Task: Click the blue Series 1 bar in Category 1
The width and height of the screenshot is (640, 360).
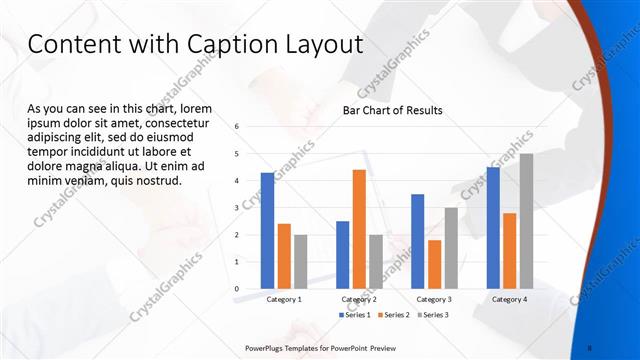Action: click(x=267, y=230)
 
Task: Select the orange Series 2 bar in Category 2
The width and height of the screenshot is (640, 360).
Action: click(x=359, y=229)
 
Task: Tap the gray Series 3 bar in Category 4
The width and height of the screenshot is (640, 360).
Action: click(x=526, y=221)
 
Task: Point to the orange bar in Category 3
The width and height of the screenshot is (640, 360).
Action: click(x=434, y=264)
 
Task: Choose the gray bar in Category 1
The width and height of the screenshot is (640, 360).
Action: click(x=301, y=261)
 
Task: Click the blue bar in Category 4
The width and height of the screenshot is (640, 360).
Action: click(x=493, y=227)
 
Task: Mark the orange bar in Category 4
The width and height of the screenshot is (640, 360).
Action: click(x=510, y=250)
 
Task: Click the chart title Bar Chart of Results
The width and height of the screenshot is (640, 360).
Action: click(x=393, y=110)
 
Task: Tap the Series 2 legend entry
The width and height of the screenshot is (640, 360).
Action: click(x=393, y=315)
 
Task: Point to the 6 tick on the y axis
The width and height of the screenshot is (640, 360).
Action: click(x=236, y=127)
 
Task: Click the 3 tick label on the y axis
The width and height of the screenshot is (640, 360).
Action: click(x=236, y=208)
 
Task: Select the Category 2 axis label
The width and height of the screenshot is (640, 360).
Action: click(x=359, y=299)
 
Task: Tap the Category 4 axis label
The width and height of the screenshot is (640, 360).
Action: click(x=510, y=299)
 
